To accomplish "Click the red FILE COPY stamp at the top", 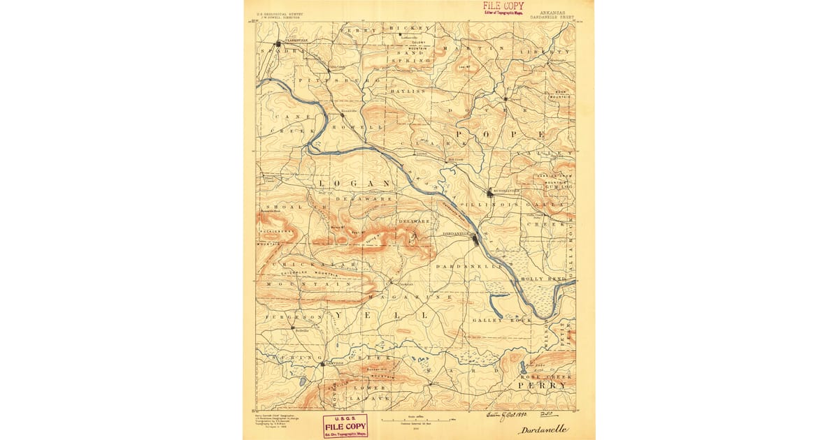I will pos(503,8).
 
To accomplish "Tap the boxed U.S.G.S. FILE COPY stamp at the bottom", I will pos(345,425).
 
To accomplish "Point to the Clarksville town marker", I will pos(278,43).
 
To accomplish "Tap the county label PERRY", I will pos(542,385).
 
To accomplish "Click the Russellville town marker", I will pos(490,193).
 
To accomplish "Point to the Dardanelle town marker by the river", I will pos(476,240).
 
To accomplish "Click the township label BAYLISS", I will pos(408,91).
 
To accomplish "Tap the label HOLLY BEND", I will pos(547,279).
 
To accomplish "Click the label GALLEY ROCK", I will pos(502,320).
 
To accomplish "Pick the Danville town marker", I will pos(322,364).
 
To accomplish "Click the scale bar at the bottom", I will pos(417,420).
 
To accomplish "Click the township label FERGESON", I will pos(287,316).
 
